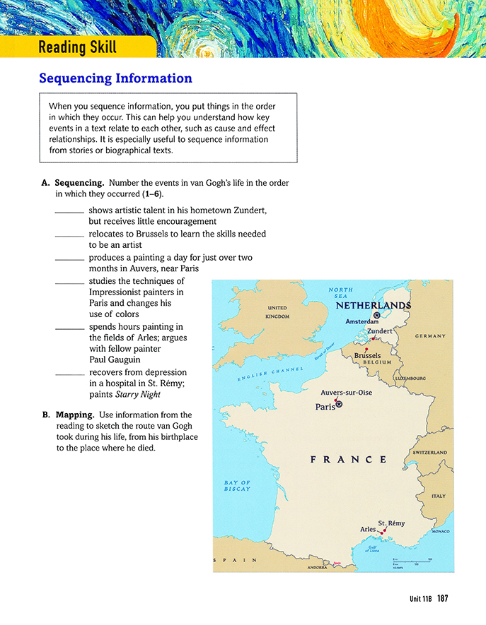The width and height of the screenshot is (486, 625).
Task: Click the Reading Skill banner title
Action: [x=77, y=47]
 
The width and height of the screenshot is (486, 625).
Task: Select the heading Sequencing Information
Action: [x=115, y=78]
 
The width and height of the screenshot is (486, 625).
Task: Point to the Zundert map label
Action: [x=380, y=331]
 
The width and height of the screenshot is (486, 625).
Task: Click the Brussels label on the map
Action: [x=367, y=355]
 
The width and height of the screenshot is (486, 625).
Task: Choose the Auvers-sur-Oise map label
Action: [x=346, y=393]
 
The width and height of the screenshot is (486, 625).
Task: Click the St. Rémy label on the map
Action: [x=391, y=523]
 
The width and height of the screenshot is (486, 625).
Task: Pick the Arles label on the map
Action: [x=368, y=529]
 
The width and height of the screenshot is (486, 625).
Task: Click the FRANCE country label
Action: [x=348, y=460]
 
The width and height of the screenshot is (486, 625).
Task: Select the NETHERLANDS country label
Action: [x=373, y=306]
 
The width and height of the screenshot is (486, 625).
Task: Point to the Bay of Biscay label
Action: [x=237, y=486]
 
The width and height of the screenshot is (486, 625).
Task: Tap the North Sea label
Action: [x=341, y=293]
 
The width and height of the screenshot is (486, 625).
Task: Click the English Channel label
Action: [x=270, y=375]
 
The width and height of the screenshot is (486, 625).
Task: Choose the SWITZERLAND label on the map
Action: [x=429, y=452]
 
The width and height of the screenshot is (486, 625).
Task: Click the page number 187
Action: [x=443, y=599]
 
